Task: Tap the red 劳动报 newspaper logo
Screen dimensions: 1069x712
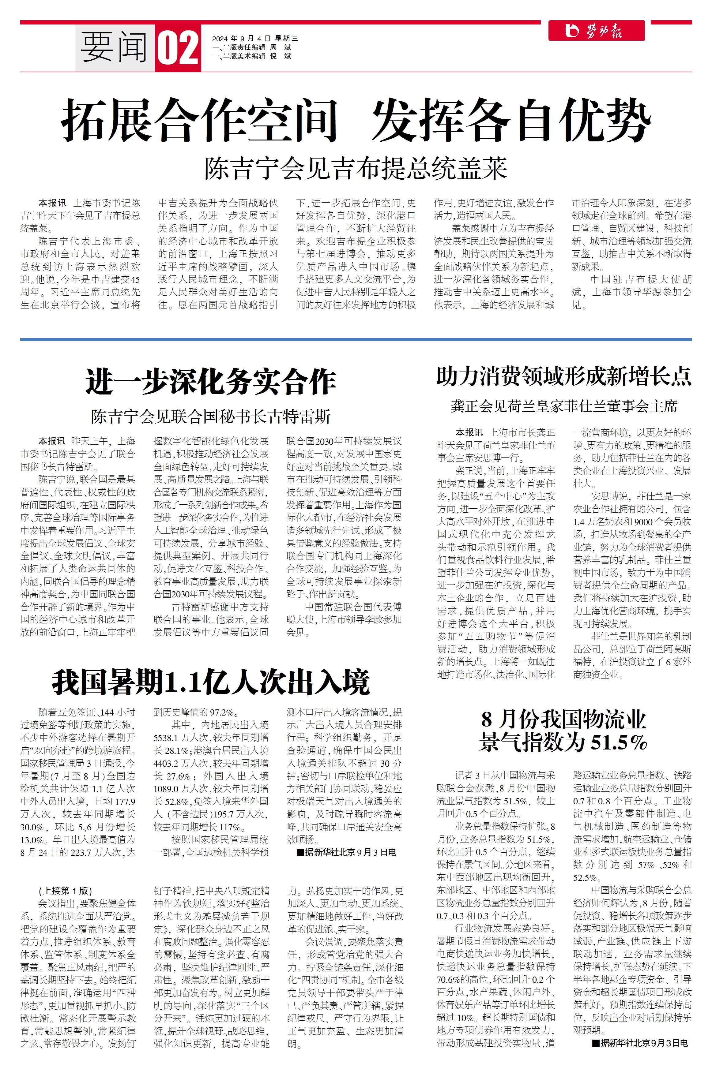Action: tap(596, 31)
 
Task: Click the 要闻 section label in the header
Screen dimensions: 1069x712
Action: tap(115, 48)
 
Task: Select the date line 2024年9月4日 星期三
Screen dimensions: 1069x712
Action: tap(255, 39)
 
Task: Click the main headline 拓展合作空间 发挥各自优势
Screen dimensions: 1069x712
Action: tap(356, 120)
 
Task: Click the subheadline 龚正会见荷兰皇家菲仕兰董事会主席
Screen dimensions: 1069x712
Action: tap(564, 406)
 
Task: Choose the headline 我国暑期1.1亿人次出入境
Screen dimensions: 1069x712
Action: tap(211, 682)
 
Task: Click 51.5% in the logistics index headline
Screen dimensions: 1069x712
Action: tap(619, 743)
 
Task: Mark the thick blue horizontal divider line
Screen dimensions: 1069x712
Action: tap(356, 339)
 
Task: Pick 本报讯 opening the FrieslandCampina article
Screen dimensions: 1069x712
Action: tap(469, 432)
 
